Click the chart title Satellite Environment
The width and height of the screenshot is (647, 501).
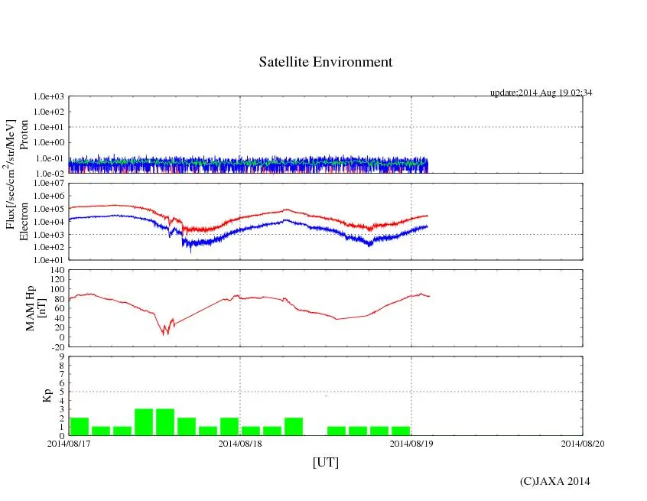click(x=326, y=62)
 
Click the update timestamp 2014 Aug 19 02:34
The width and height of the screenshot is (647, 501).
click(x=541, y=93)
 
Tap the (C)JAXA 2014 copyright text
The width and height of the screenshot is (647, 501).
click(x=554, y=481)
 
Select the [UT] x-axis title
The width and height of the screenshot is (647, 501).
click(x=326, y=462)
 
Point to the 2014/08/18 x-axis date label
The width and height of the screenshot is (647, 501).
click(x=240, y=443)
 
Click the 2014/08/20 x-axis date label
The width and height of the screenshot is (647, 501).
click(x=584, y=443)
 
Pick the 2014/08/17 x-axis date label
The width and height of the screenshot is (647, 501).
click(x=69, y=443)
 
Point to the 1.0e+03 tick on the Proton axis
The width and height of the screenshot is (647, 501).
click(x=50, y=97)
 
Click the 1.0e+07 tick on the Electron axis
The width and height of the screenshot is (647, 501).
click(x=50, y=184)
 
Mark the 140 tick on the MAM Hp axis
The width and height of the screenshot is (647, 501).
click(x=56, y=270)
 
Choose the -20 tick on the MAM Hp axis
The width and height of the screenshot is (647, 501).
click(x=56, y=346)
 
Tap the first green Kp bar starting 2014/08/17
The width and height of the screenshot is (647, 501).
click(x=80, y=426)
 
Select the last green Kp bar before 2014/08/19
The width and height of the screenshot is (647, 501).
click(x=400, y=431)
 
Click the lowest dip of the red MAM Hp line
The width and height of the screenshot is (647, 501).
click(x=164, y=334)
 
